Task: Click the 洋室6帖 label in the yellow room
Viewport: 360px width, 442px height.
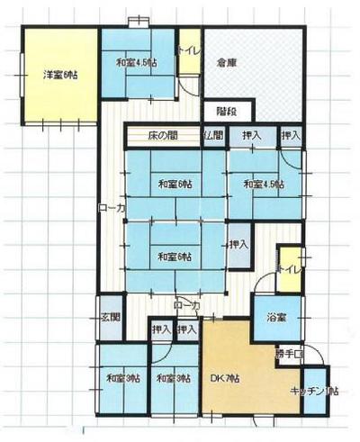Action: [58, 77]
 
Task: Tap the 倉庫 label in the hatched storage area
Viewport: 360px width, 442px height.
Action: [227, 64]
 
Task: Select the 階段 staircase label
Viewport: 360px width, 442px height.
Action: [227, 111]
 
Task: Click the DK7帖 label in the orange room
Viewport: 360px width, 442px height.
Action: [224, 378]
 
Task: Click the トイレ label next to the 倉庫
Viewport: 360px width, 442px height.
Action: [188, 50]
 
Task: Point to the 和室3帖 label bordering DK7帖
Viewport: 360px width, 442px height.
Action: [171, 378]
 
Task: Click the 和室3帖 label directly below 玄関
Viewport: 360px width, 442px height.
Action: [121, 378]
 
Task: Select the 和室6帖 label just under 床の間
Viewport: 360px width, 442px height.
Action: [175, 185]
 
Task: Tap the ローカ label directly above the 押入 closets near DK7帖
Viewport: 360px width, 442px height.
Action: [187, 306]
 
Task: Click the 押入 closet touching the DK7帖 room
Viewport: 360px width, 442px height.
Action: [188, 330]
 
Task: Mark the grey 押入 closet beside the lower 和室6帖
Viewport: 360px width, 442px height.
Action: [238, 244]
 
